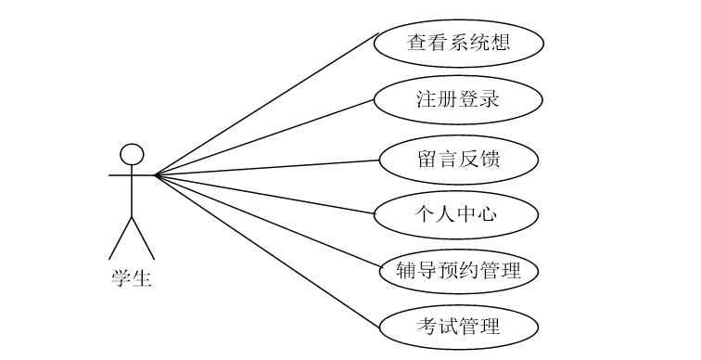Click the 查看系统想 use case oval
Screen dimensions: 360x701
[x=459, y=44]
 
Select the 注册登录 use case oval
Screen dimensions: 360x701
[x=459, y=99]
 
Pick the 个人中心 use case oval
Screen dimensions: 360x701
[x=455, y=214]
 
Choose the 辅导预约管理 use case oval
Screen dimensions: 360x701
[x=459, y=271]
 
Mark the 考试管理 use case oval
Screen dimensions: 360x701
[x=459, y=326]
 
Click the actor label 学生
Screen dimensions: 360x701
[x=132, y=276]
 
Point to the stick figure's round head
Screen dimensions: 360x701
[x=132, y=154]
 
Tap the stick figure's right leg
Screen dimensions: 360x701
[x=143, y=238]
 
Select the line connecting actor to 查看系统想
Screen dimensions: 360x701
[x=269, y=103]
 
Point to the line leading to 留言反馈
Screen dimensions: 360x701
[x=269, y=167]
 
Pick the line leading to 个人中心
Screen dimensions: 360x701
[x=269, y=194]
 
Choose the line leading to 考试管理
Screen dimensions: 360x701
[x=269, y=250]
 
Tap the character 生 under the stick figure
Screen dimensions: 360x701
[x=142, y=276]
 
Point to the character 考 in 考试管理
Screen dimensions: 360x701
[x=428, y=326]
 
